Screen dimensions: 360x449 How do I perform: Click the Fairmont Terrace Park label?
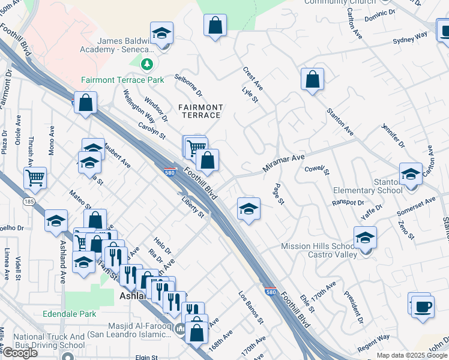click(122, 80)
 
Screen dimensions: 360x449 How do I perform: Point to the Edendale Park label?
click(70, 314)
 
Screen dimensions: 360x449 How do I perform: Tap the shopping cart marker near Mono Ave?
click(35, 178)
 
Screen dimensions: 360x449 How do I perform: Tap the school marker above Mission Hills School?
click(365, 238)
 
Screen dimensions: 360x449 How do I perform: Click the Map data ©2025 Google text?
click(412, 355)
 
